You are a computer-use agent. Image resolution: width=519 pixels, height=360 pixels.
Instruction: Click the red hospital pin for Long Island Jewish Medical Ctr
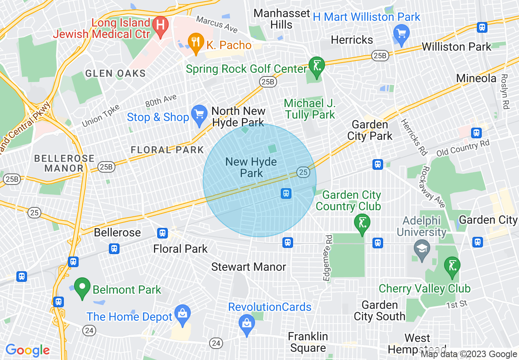point(160,25)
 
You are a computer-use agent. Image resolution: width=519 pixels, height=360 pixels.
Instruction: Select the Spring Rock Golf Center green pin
point(316,67)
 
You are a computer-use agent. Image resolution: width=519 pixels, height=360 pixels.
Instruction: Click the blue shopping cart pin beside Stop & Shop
point(199,115)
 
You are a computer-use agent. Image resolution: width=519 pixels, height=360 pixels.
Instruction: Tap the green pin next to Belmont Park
point(82,288)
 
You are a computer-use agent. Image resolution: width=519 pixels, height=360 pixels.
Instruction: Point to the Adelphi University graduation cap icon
point(421,250)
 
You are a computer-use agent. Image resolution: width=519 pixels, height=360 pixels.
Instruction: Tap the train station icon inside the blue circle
point(286,193)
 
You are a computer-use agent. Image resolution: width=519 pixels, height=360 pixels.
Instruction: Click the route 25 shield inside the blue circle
point(303,172)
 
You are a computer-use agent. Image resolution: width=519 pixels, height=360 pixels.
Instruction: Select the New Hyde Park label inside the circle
point(251,167)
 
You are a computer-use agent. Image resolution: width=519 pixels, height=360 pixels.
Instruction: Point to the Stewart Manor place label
point(248,267)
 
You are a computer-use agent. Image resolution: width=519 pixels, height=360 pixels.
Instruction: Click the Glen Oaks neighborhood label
point(115,74)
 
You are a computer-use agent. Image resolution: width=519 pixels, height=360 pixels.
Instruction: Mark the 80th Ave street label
point(161,101)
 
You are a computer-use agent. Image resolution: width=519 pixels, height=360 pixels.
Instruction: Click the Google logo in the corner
point(28,350)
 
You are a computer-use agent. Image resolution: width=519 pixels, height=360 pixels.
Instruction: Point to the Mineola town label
point(476,78)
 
